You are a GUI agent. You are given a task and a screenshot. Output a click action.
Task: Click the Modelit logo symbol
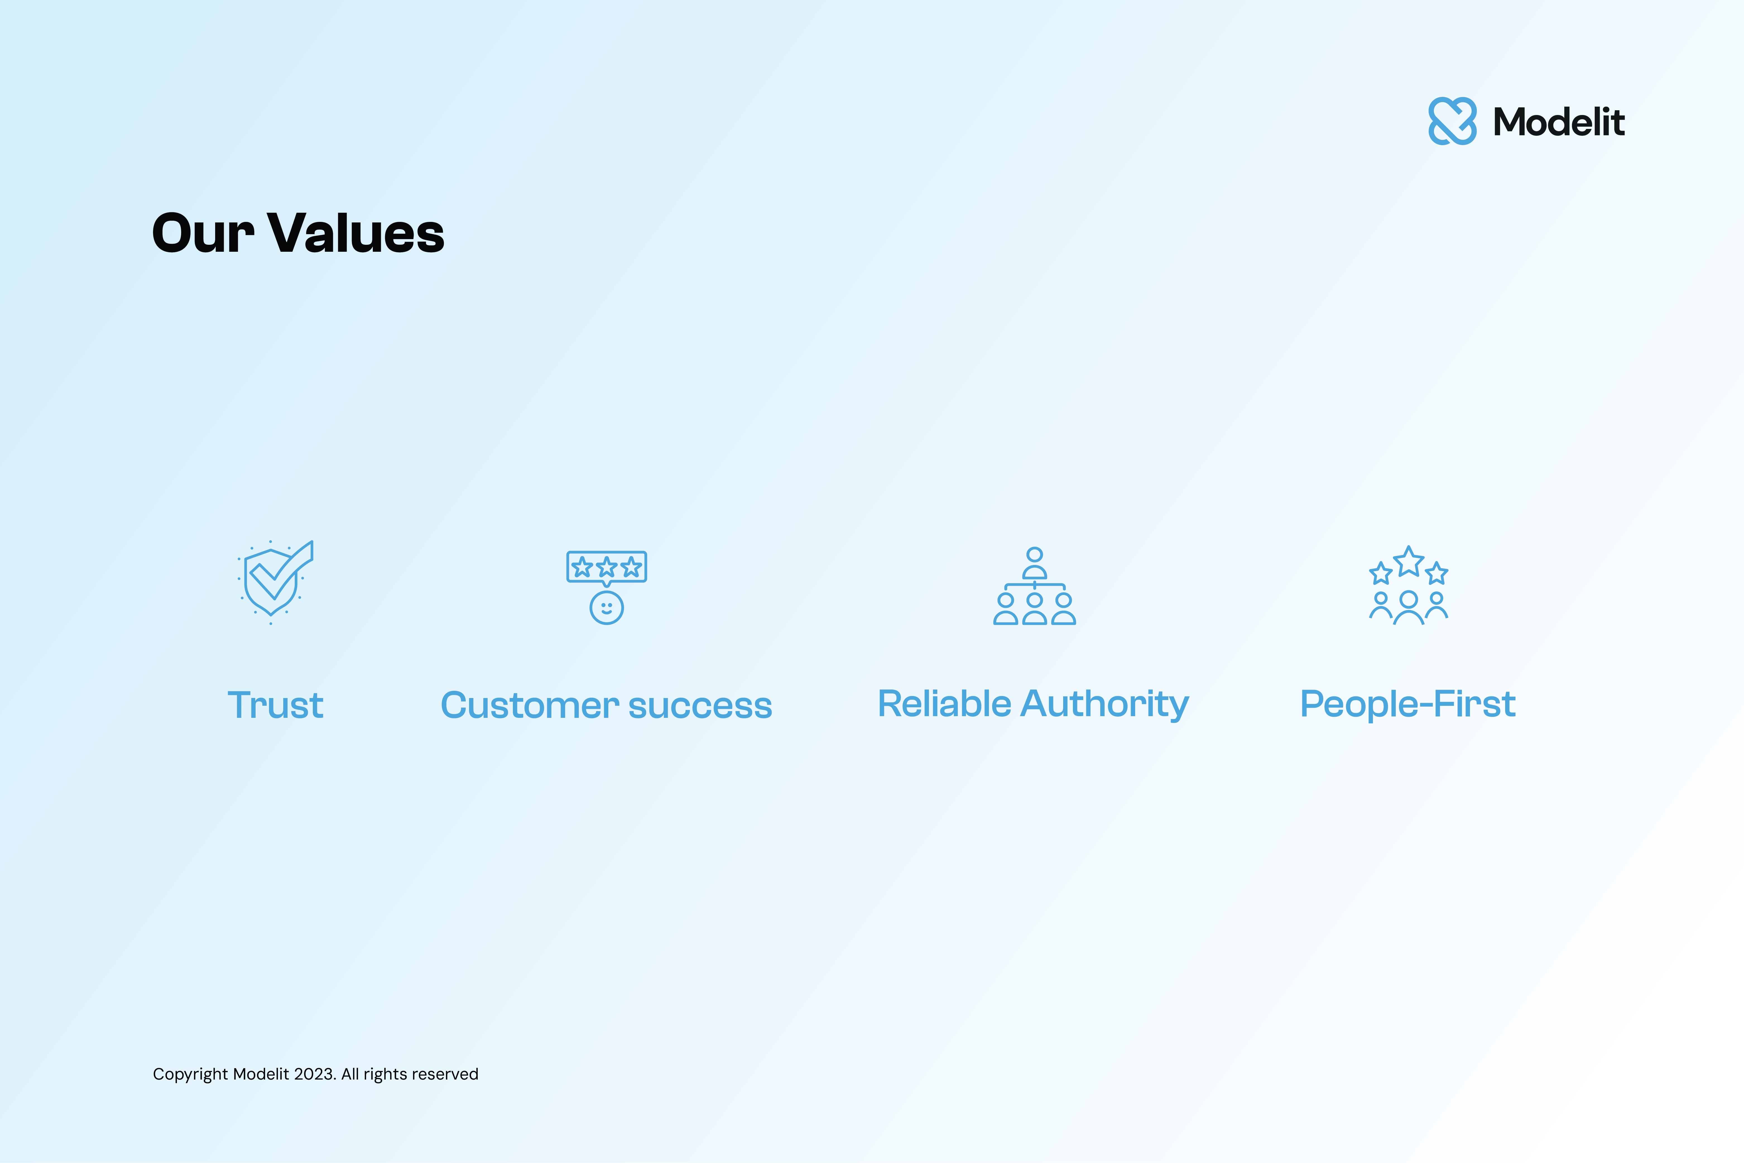1452,121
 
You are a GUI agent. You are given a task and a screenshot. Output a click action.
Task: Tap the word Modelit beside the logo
1559,122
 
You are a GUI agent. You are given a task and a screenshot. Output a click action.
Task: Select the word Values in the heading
356,234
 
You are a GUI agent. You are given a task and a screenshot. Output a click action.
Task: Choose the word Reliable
944,704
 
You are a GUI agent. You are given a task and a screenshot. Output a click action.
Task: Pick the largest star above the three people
1408,562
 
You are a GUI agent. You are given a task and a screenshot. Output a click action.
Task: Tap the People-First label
1407,704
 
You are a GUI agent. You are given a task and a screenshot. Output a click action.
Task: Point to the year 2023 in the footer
314,1074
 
